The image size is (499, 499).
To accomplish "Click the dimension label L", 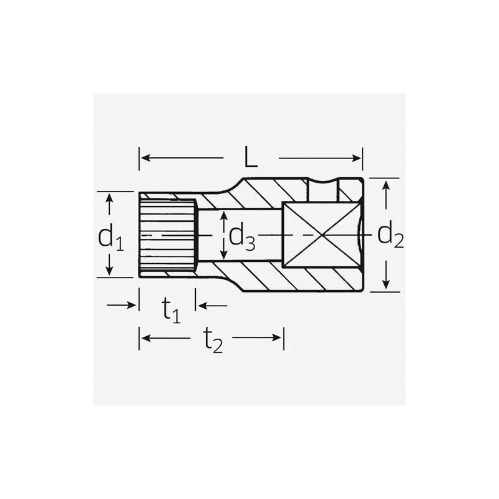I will pyautogui.click(x=250, y=158).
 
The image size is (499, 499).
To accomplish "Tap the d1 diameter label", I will pyautogui.click(x=110, y=237).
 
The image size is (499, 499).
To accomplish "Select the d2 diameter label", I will pyautogui.click(x=390, y=235).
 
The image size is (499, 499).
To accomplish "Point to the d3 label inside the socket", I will pyautogui.click(x=242, y=236).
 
